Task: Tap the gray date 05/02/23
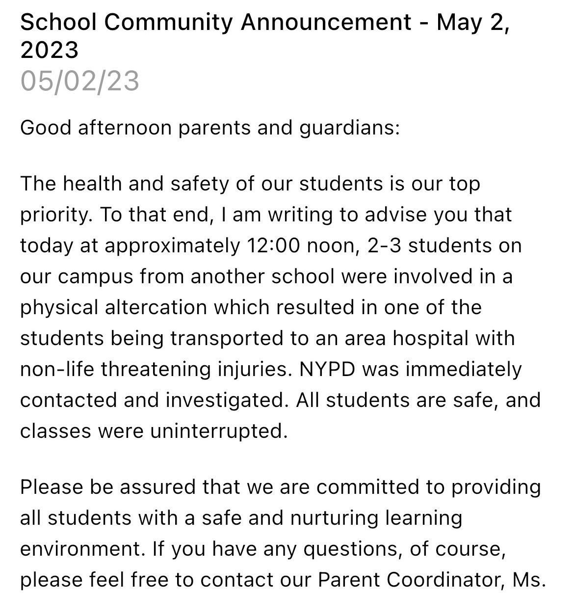tap(80, 81)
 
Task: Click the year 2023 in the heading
tap(50, 50)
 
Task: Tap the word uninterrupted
tap(218, 431)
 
